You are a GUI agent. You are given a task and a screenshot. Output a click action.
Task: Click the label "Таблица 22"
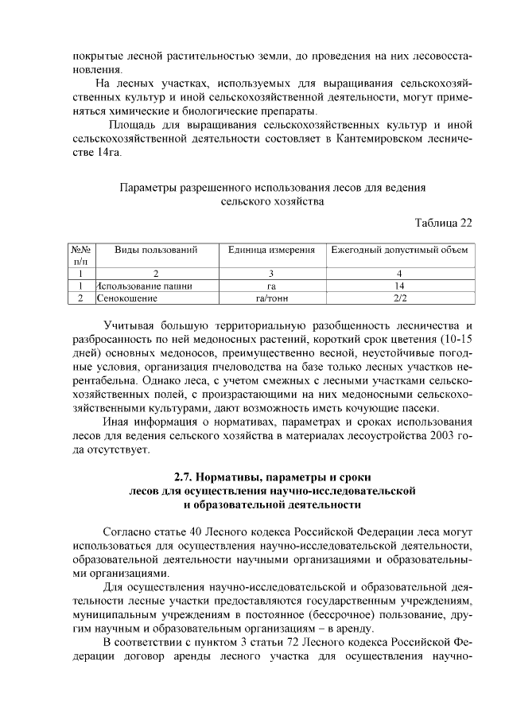click(444, 222)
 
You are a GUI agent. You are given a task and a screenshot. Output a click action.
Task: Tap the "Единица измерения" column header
click(272, 250)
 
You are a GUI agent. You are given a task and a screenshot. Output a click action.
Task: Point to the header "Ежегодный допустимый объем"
click(399, 250)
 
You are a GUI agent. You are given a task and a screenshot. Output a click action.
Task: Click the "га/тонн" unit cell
click(272, 298)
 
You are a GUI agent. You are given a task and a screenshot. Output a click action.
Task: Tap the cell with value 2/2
click(399, 298)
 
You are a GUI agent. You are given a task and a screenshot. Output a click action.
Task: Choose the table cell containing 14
click(399, 286)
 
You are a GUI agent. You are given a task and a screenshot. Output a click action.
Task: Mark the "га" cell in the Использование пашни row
click(272, 286)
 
